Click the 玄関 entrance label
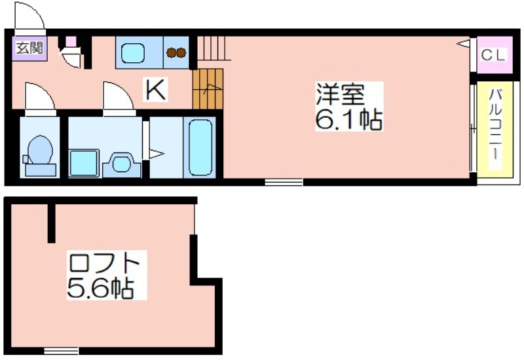coord(29,48)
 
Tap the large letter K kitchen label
coord(155,89)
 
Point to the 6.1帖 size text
coord(349,119)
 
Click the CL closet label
coord(494,55)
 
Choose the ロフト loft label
coord(103,264)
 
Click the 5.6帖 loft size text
coord(101,287)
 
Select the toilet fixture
coord(39,155)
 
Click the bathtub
coord(200,148)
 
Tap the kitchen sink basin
coord(133,53)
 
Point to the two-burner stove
coord(176,52)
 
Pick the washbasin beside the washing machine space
coord(121,164)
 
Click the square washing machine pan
coord(84,163)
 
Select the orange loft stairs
coord(208,89)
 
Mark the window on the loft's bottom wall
coord(62,351)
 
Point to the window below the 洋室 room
coord(284,182)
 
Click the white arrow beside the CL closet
coord(464,43)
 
